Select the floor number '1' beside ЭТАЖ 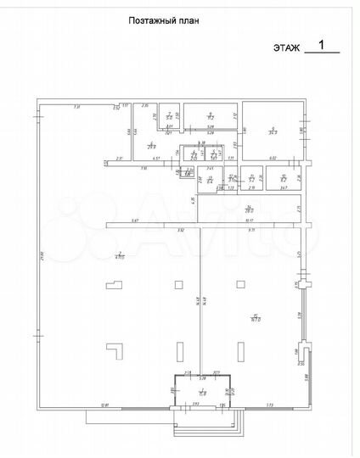tap(320, 44)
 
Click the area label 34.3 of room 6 tap(273, 131)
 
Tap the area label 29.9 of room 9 tap(151, 146)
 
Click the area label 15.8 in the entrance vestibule tap(203, 393)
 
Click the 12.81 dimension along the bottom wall tap(104, 406)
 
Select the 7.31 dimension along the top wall tap(76, 106)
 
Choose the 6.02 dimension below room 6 tap(273, 159)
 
